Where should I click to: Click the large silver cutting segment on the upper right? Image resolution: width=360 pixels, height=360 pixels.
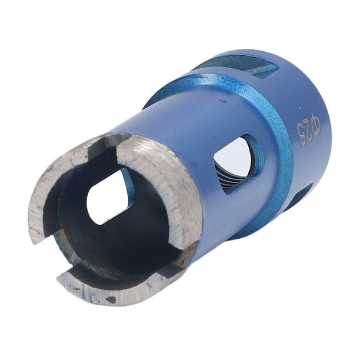165,184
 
